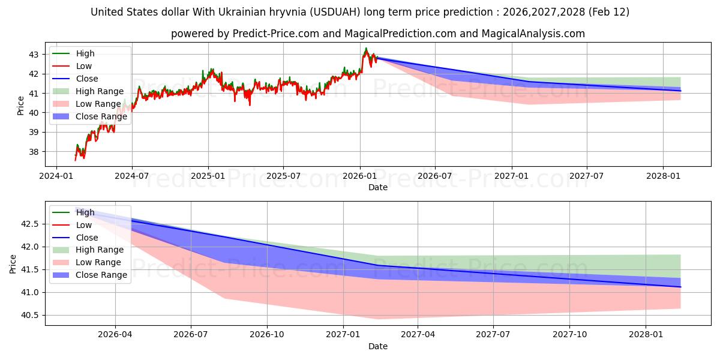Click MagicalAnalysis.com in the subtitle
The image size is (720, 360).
[x=533, y=34]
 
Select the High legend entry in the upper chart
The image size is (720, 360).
[x=85, y=53]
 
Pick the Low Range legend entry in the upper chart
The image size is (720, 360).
[x=98, y=104]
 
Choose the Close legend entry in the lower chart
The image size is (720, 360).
[x=87, y=238]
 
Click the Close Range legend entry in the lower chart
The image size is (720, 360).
[x=101, y=275]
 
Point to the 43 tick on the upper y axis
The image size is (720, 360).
[x=34, y=55]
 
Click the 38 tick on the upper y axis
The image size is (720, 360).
[x=34, y=152]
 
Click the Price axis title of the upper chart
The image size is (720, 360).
[x=21, y=105]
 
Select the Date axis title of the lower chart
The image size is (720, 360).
[x=378, y=346]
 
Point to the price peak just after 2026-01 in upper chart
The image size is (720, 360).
[x=366, y=49]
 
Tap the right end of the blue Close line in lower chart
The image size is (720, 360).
[x=680, y=287]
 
